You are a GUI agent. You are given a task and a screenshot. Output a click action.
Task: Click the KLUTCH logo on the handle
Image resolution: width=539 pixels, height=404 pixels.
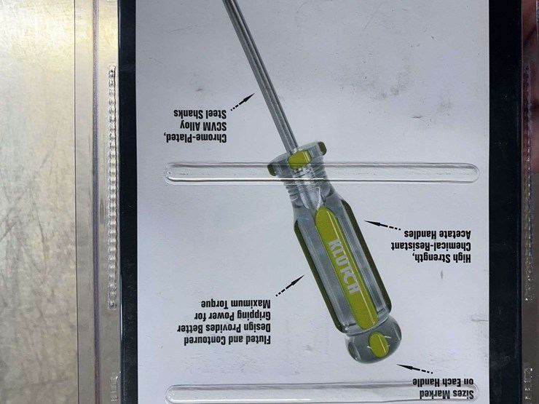coord(344,266)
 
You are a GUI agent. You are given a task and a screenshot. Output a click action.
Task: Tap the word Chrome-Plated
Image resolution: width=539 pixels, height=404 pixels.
coord(195,138)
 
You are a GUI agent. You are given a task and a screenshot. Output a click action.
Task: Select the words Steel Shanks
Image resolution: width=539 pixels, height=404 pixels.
coord(200,114)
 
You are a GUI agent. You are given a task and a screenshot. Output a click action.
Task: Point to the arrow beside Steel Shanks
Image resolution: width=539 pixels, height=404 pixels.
coord(243,102)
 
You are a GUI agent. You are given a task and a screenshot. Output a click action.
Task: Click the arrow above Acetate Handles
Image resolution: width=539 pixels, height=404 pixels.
coord(382,225)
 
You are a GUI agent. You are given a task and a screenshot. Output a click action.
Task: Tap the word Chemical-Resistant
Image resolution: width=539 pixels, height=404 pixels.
coord(430,246)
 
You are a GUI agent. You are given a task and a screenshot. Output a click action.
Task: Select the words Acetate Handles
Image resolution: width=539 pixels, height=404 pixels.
coord(437,234)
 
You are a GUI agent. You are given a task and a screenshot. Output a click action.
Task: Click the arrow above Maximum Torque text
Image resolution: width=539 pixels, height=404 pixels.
coord(290,285)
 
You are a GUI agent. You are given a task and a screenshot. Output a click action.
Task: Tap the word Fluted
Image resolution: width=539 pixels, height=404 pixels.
coord(256,340)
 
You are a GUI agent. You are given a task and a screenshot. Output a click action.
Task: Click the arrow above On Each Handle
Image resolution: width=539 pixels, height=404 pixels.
coord(415,368)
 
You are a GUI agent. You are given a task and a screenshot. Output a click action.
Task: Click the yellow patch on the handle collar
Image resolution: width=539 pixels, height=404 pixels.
coord(300,159)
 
